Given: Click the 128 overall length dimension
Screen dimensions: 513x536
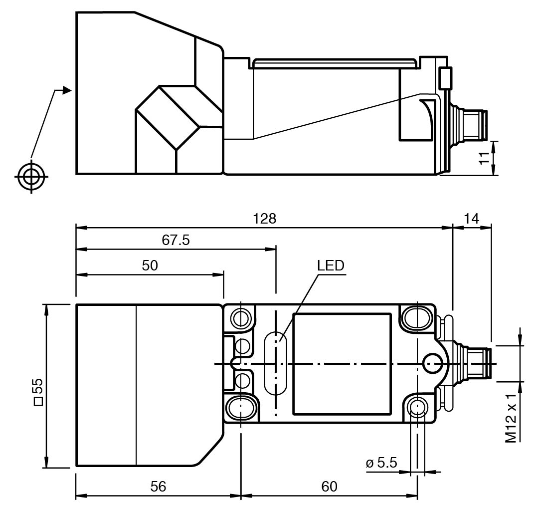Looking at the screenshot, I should (x=264, y=220).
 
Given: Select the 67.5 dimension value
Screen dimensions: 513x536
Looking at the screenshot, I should (x=176, y=241).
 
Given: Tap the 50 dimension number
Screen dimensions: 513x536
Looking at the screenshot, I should (x=150, y=265).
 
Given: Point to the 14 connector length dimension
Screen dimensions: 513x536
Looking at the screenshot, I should (x=471, y=220).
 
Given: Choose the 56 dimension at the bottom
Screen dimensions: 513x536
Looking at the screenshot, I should (x=158, y=487).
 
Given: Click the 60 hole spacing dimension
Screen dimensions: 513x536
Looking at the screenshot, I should (x=329, y=487).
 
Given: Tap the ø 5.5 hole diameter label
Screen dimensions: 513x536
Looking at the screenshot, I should (x=381, y=463).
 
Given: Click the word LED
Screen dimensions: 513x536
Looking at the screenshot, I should (x=331, y=265).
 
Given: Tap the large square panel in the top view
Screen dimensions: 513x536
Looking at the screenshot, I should (x=342, y=364).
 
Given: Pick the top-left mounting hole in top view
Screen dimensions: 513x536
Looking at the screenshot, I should (x=241, y=318).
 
